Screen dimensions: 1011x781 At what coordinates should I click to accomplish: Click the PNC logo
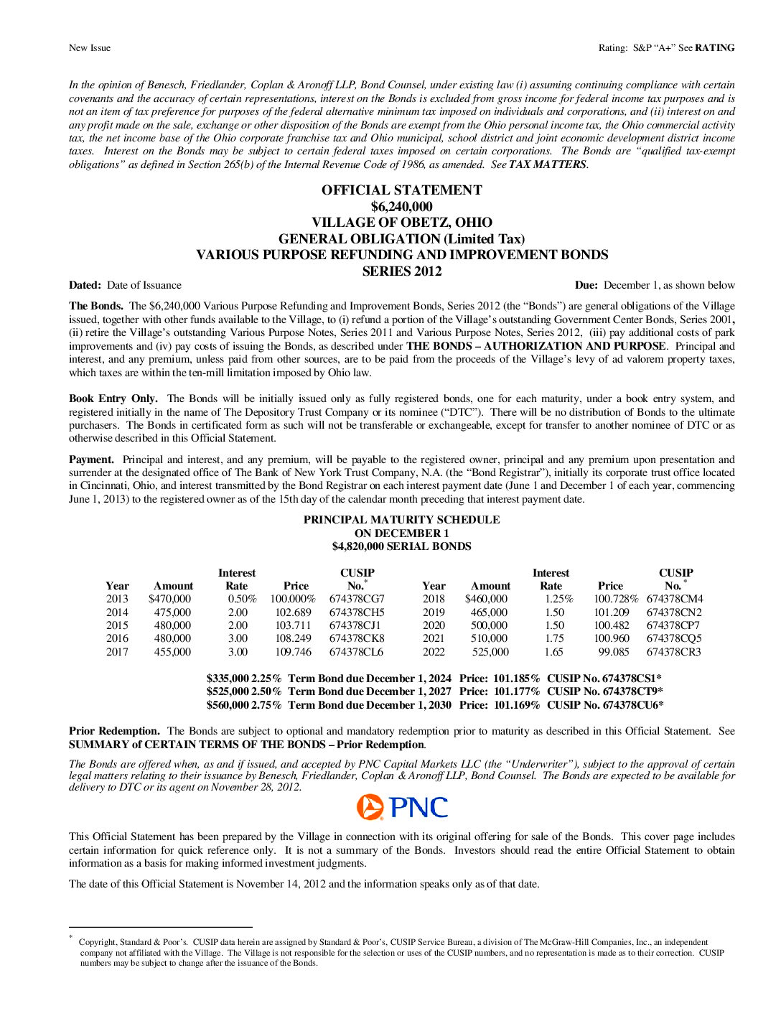(x=402, y=807)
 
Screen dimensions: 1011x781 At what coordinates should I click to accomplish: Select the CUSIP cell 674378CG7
(x=357, y=599)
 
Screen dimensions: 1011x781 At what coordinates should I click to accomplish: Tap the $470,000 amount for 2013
(x=170, y=599)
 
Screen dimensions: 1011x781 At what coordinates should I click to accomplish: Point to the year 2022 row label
(x=434, y=652)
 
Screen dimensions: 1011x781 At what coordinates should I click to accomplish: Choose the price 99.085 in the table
(x=614, y=652)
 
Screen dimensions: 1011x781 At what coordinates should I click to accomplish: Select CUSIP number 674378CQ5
(x=674, y=638)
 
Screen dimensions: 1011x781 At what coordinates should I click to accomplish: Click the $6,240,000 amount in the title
(x=401, y=207)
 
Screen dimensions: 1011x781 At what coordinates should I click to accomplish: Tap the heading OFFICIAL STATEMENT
(x=401, y=190)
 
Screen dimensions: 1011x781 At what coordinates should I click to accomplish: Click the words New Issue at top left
(x=90, y=48)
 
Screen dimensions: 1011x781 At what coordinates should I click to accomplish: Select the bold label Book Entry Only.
(x=113, y=399)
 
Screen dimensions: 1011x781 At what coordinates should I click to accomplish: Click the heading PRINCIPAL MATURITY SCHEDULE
(x=401, y=520)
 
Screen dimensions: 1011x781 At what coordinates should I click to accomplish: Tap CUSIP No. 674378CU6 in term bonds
(x=605, y=705)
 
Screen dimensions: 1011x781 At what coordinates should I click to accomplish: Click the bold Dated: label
(x=85, y=285)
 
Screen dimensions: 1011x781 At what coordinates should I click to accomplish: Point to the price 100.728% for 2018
(x=615, y=599)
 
